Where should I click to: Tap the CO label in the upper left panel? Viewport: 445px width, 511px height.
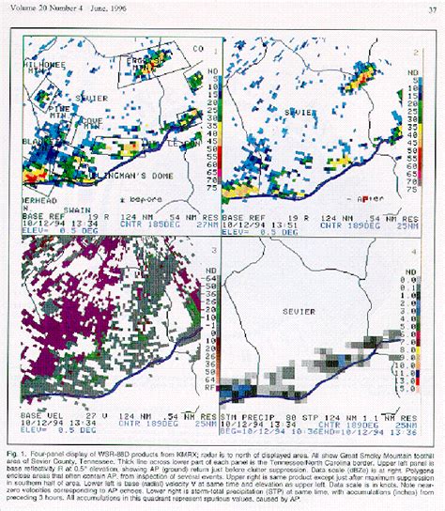coord(197,48)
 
